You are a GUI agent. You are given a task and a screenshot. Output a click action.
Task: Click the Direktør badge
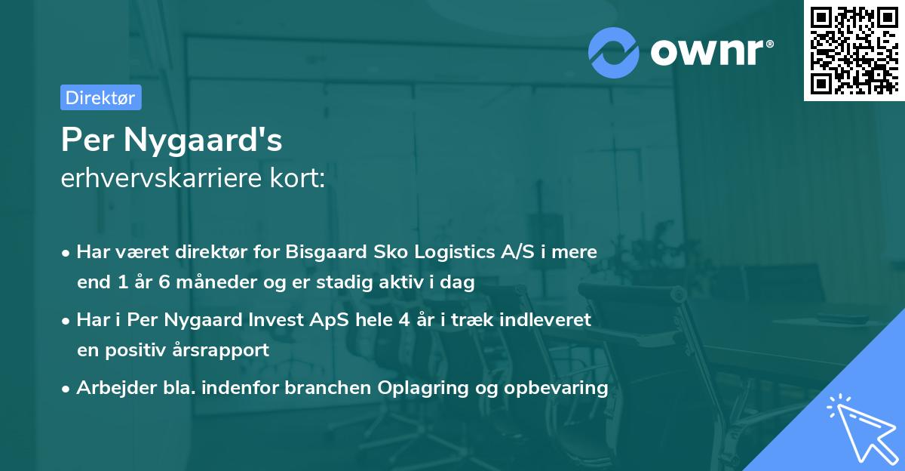100,97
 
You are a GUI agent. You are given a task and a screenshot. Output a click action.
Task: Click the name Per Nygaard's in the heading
172,140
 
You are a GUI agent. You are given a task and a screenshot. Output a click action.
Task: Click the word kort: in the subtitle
300,179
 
